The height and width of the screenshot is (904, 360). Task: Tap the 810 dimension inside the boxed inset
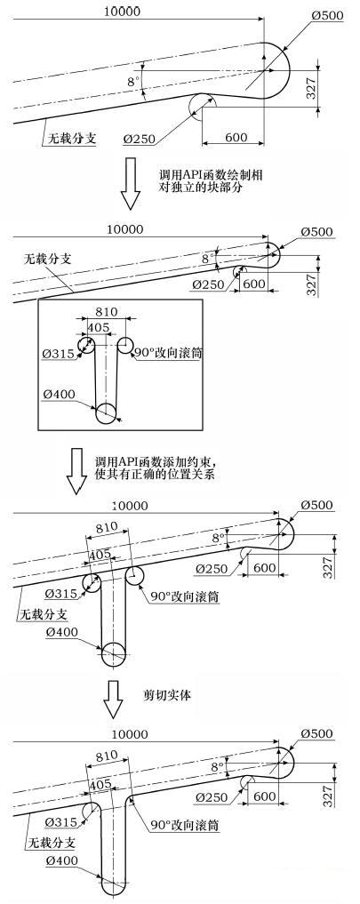[x=107, y=312]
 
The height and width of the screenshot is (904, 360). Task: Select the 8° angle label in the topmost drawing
[x=133, y=82]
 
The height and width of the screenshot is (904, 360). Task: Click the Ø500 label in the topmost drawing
[x=328, y=16]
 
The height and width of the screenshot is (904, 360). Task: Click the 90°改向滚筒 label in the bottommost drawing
[x=185, y=825]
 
